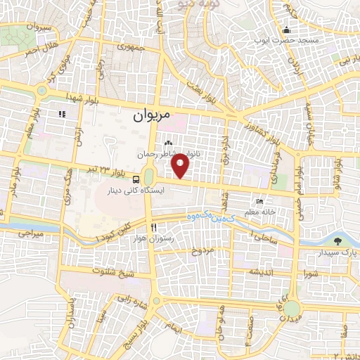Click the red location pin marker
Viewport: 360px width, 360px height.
tap(181, 166)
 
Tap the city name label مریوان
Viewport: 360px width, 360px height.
tap(152, 115)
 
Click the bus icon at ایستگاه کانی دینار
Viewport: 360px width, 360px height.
tap(136, 179)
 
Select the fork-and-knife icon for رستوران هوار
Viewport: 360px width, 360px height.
tap(153, 228)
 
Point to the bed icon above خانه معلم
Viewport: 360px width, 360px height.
tap(261, 202)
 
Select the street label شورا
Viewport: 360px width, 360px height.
tap(310, 271)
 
